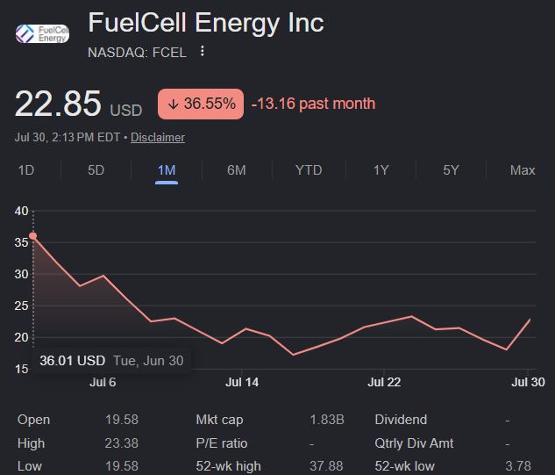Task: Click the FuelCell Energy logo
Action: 42,33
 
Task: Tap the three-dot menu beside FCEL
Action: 203,51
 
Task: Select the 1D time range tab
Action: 25,170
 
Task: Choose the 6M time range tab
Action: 237,170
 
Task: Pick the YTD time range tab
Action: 309,170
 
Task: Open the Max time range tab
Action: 523,170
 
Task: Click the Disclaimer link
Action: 158,137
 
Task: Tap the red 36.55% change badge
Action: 201,104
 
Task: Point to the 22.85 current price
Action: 58,104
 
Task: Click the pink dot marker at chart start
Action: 33,235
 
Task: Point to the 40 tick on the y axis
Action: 22,211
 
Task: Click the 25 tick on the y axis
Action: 22,306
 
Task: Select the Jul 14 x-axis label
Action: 242,382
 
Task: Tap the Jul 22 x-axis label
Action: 384,382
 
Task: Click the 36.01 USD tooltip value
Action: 73,361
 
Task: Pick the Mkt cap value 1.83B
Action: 327,420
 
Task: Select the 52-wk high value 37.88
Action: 326,466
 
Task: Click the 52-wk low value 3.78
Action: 518,466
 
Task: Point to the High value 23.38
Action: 121,443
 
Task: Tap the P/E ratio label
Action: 222,443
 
